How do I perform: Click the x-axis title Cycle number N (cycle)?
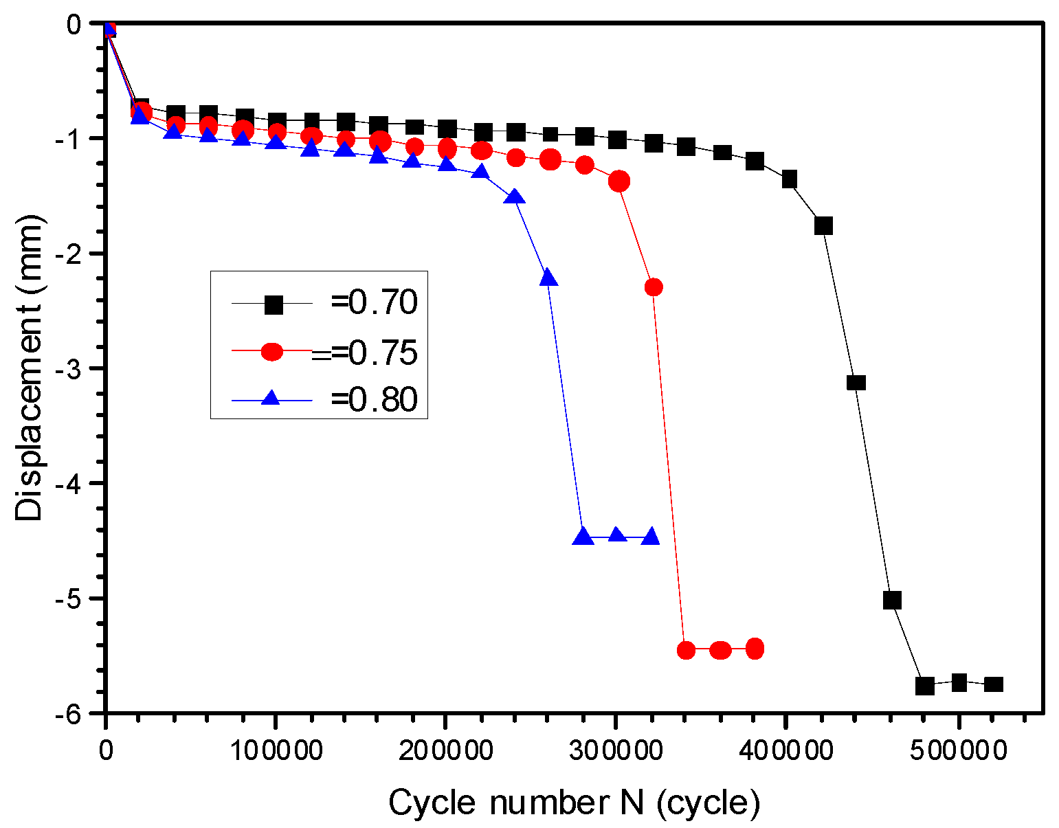point(574,802)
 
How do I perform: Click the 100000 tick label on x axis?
point(275,750)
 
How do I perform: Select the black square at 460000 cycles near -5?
point(891,600)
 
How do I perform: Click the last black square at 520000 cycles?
point(994,684)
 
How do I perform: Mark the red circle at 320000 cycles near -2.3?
point(654,287)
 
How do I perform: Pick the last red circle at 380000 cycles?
point(755,649)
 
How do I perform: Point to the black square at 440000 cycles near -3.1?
point(856,382)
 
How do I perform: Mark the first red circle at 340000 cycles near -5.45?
point(686,650)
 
